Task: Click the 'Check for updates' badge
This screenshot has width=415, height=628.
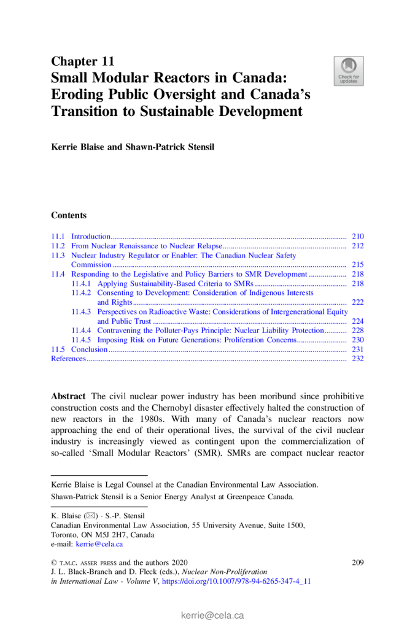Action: pos(348,71)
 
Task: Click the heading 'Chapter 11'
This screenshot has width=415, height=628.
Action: pos(82,61)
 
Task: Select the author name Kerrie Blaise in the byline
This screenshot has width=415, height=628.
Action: pos(75,147)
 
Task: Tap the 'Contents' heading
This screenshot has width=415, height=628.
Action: pos(69,215)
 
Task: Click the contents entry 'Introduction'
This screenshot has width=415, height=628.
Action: pos(90,236)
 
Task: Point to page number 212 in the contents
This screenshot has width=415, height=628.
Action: pos(358,246)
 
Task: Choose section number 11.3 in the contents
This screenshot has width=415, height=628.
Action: pos(58,255)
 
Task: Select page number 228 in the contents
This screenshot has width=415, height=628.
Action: pos(358,331)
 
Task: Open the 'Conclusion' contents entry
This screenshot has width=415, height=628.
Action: pos(90,350)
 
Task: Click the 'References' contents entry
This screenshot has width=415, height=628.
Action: pos(68,359)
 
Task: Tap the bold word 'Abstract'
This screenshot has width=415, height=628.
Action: pos(68,396)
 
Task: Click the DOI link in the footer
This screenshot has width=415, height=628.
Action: pos(236,581)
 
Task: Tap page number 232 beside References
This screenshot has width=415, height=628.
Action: pos(358,359)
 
